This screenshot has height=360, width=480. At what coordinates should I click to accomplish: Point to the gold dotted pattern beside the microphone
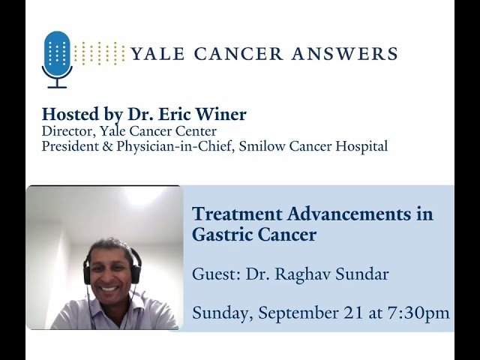(x=100, y=53)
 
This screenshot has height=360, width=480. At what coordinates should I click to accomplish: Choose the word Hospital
(x=361, y=147)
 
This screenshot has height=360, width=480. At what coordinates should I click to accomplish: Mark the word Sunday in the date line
(x=220, y=313)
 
